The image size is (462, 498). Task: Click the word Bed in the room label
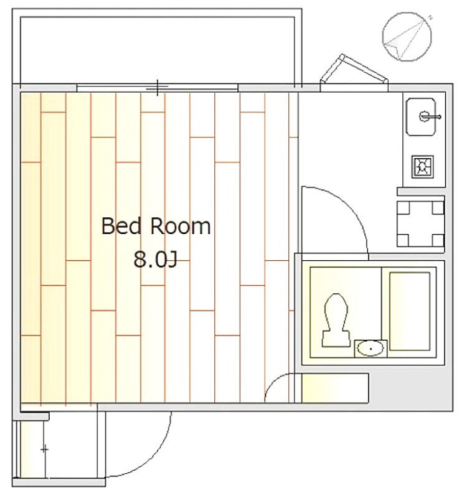pyautogui.click(x=121, y=226)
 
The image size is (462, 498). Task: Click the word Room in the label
pyautogui.click(x=180, y=226)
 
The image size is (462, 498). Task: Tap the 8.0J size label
pyautogui.click(x=155, y=259)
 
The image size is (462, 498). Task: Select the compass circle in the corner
pyautogui.click(x=407, y=37)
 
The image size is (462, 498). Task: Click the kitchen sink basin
pyautogui.click(x=422, y=116)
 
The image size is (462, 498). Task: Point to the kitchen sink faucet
pyautogui.click(x=429, y=116)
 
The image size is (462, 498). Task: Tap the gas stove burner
pyautogui.click(x=422, y=166)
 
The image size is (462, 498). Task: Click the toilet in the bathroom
pyautogui.click(x=336, y=320)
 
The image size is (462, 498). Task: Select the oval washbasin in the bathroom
pyautogui.click(x=370, y=349)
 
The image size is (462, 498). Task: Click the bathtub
pyautogui.click(x=410, y=311)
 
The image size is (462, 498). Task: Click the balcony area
pyautogui.click(x=157, y=49)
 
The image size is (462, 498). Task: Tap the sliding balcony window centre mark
pyautogui.click(x=158, y=87)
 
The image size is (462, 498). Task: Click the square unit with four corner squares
pyautogui.click(x=420, y=224)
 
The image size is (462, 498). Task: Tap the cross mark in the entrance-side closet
pyautogui.click(x=45, y=449)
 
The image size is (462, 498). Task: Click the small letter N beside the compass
pyautogui.click(x=430, y=17)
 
